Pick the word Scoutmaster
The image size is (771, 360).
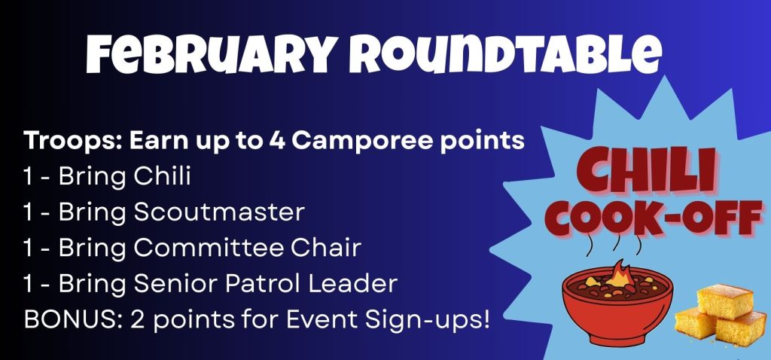(x=219, y=212)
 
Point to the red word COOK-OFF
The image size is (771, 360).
(x=655, y=216)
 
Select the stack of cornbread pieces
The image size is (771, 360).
(x=721, y=315)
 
